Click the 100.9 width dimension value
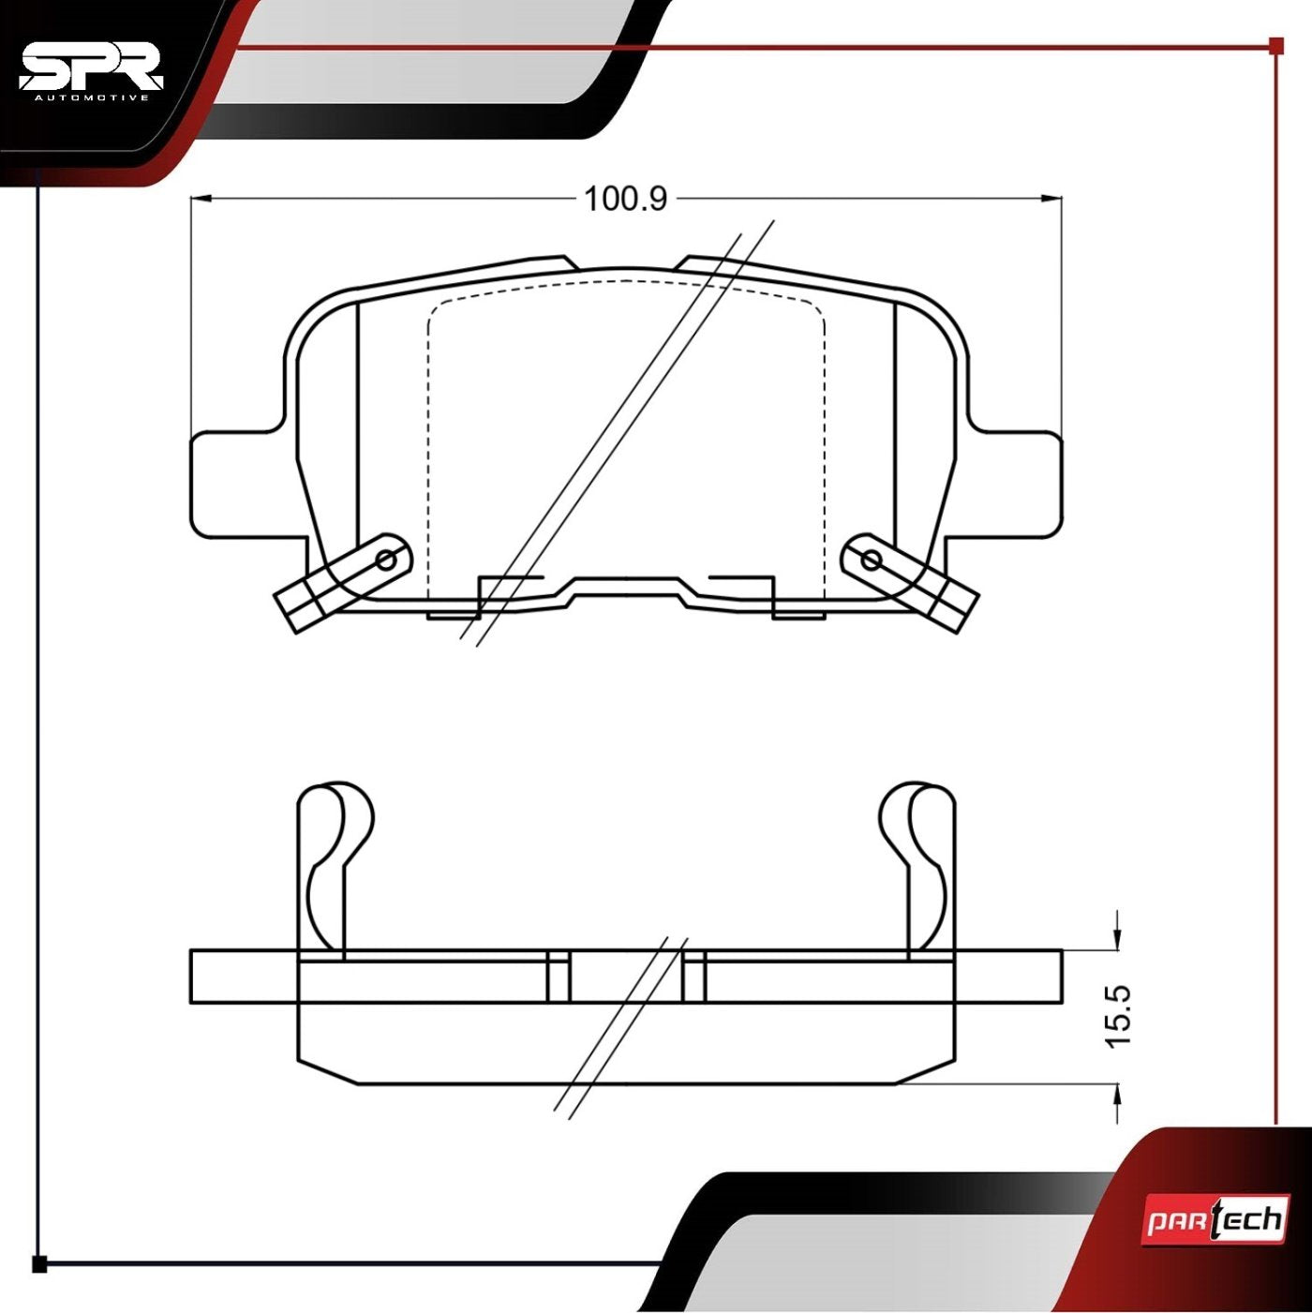point(625,199)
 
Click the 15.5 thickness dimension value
point(1119,1016)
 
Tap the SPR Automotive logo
point(91,70)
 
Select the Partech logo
point(1215,1221)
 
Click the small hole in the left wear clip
point(386,560)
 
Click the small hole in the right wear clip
point(871,560)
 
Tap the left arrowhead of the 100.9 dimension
point(199,199)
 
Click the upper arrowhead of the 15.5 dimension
point(1118,940)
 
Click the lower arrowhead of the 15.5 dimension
point(1118,1094)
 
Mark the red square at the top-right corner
point(1275,45)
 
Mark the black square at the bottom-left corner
point(39,1264)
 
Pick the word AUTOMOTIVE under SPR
point(91,97)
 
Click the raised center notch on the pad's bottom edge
point(626,587)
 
